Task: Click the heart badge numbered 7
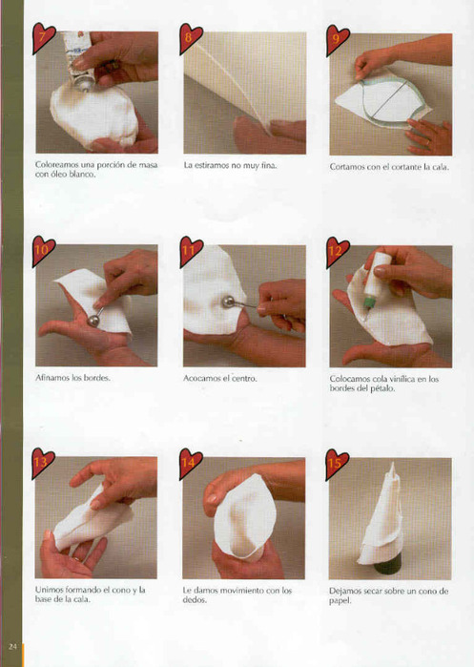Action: click(x=43, y=38)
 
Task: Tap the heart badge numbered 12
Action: click(x=338, y=252)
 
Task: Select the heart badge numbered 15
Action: click(x=337, y=464)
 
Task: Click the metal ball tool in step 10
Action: click(x=93, y=318)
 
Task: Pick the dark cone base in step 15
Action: click(x=387, y=567)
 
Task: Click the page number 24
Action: click(x=12, y=647)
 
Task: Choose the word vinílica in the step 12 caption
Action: click(x=400, y=379)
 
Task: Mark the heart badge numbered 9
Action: click(x=338, y=40)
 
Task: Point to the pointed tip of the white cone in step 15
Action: click(x=392, y=464)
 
